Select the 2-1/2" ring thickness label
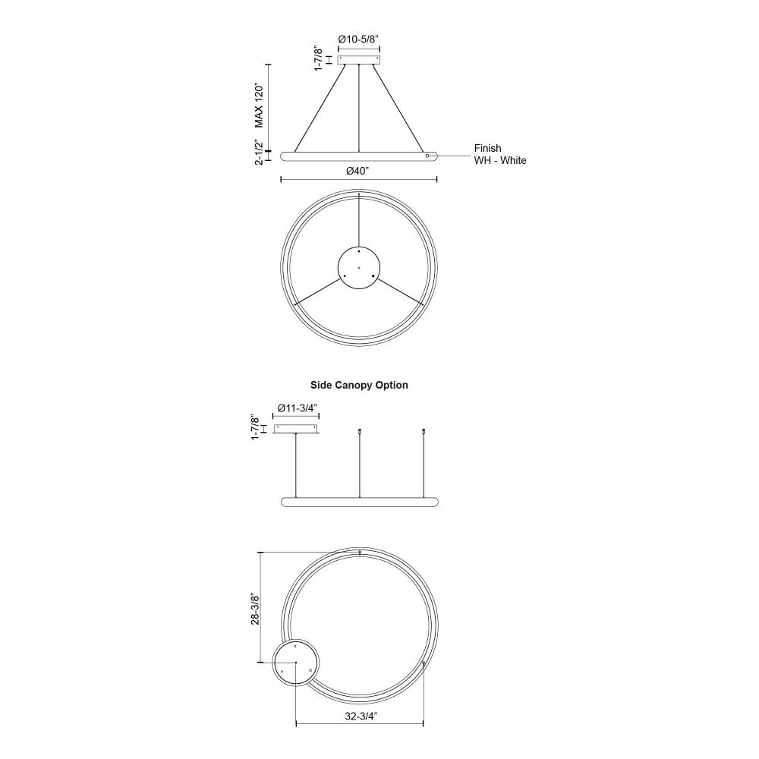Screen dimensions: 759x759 (x=260, y=152)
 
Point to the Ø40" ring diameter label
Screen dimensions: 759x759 (x=357, y=171)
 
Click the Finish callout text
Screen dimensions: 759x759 (x=487, y=148)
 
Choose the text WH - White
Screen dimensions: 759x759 (x=500, y=160)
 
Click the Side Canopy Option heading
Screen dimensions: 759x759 (x=359, y=385)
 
